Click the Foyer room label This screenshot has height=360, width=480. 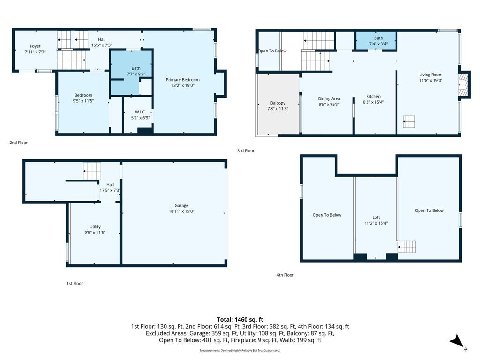click(35, 46)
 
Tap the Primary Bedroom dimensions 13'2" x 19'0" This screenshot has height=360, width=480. click(183, 85)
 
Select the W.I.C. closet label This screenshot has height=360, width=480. click(140, 112)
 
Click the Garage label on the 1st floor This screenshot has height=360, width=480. click(181, 205)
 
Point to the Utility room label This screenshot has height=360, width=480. click(95, 227)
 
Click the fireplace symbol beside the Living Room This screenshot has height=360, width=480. click(464, 85)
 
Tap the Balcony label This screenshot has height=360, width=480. click(277, 103)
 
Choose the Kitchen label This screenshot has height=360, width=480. click(373, 96)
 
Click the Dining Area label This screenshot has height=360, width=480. click(329, 98)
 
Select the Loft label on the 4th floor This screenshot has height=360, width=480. click(376, 217)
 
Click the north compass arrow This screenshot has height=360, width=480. click(457, 341)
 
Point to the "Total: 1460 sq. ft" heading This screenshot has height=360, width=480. click(240, 320)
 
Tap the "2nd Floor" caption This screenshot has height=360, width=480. click(19, 142)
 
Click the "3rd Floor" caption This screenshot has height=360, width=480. click(246, 150)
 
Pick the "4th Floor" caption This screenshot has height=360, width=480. click(285, 275)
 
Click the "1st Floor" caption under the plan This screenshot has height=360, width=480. click(75, 283)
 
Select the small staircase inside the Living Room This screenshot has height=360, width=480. click(409, 121)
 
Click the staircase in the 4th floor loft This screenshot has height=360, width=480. click(407, 247)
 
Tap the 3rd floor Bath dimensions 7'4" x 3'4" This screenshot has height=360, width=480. click(378, 44)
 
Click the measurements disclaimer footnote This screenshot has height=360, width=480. click(240, 350)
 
